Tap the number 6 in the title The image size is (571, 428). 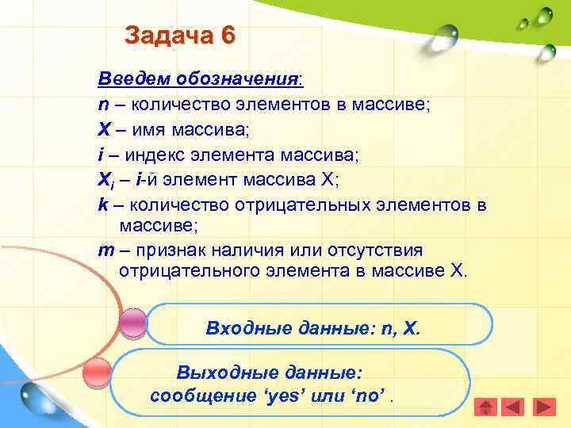pos(228,36)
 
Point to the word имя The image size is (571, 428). pos(151,128)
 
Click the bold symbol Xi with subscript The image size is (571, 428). pos(106,178)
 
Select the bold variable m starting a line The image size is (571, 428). pos(105,250)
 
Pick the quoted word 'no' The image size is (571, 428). pos(369,395)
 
